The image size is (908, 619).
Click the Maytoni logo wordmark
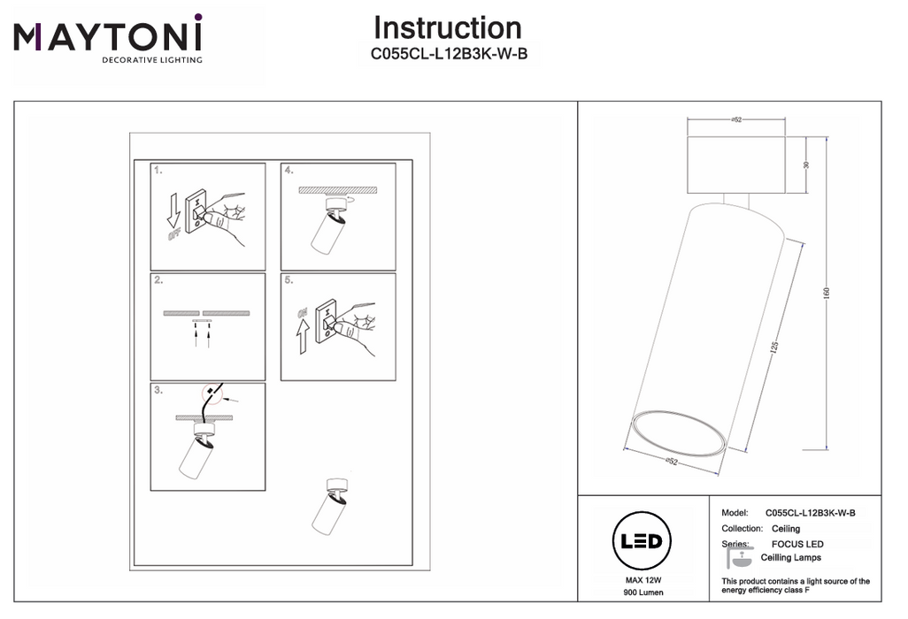click(x=108, y=37)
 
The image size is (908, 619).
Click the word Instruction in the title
click(x=447, y=28)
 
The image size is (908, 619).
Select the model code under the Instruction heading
click(x=449, y=54)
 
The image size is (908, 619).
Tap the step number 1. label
click(x=158, y=169)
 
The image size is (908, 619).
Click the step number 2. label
click(x=158, y=279)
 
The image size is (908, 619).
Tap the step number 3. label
click(x=158, y=389)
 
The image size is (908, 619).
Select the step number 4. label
click(x=289, y=169)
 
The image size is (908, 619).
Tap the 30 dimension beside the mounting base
click(x=807, y=165)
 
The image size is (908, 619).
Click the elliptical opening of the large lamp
click(x=679, y=433)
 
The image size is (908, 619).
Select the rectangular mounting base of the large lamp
click(x=736, y=165)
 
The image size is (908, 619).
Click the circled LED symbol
click(x=642, y=540)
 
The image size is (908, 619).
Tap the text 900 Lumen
click(x=643, y=592)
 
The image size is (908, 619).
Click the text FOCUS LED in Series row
click(x=797, y=544)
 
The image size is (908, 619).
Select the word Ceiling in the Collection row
click(x=786, y=529)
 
